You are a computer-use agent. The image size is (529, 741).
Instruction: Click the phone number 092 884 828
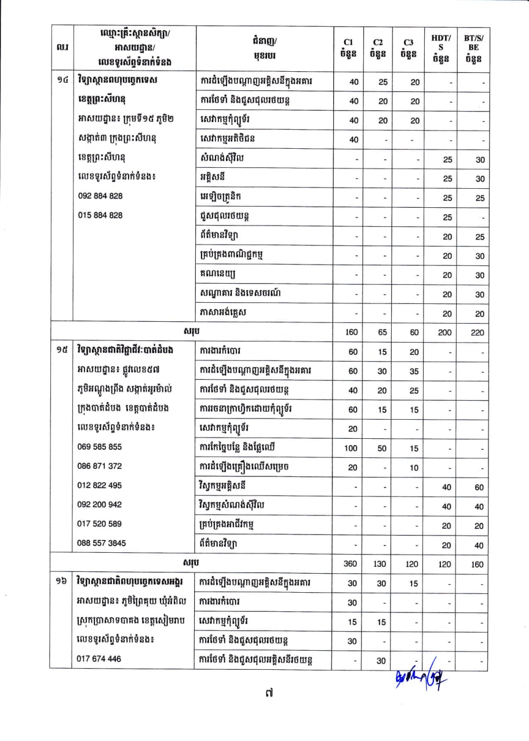(100, 196)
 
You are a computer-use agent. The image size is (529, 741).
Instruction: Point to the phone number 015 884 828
(100, 215)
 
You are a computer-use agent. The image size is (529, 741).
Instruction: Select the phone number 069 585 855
(100, 447)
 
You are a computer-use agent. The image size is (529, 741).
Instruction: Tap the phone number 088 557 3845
(102, 543)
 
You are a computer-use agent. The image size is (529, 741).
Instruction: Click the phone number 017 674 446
(100, 658)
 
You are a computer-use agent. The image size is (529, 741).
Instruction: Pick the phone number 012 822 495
(100, 485)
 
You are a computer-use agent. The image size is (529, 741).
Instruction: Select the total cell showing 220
(478, 333)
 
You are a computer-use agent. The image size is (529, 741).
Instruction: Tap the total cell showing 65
(383, 333)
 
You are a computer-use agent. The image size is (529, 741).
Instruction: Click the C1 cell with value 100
(353, 449)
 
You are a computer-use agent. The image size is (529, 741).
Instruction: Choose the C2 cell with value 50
(383, 449)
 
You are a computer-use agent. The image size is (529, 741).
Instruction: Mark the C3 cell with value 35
(414, 372)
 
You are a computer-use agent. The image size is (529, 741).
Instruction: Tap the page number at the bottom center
(264, 707)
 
